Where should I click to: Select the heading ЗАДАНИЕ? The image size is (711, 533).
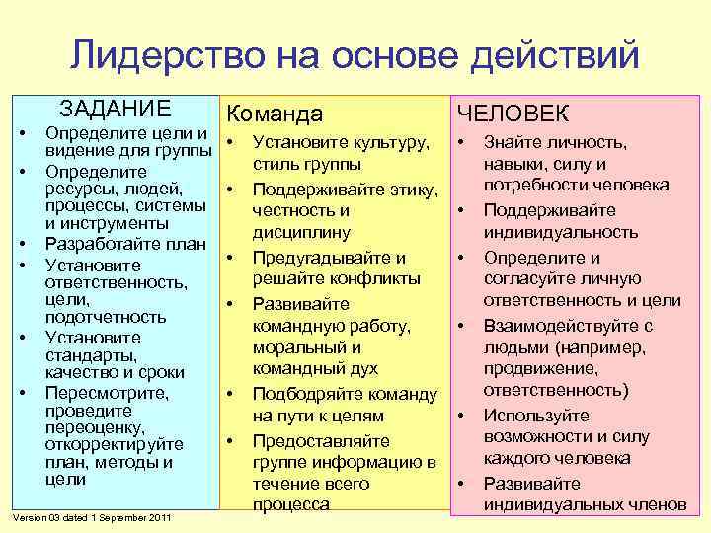(x=115, y=109)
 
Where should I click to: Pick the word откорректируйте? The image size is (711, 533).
(x=115, y=444)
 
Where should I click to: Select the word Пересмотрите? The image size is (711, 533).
(x=107, y=393)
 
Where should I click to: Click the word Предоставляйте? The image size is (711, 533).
(x=321, y=440)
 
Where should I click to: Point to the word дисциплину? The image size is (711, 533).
(x=301, y=232)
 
